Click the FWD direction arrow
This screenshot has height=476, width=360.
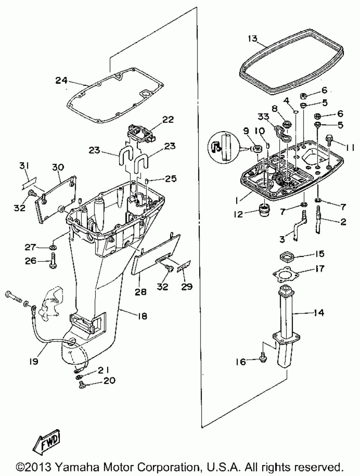coord(46,443)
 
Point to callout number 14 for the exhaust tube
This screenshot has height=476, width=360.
coord(318,313)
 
